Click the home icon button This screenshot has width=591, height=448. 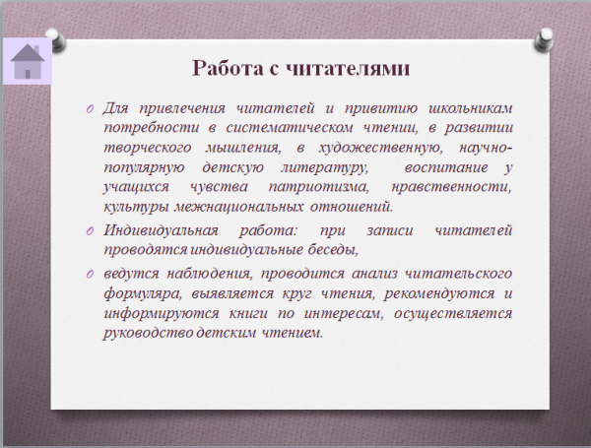pyautogui.click(x=28, y=61)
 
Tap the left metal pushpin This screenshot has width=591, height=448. pyautogui.click(x=56, y=40)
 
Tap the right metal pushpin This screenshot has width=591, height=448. pyautogui.click(x=544, y=40)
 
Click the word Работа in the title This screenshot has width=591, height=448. pyautogui.click(x=228, y=68)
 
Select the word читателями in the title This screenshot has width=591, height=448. pyautogui.click(x=347, y=69)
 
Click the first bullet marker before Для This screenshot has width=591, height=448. pyautogui.click(x=90, y=109)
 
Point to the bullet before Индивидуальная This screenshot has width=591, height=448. pyautogui.click(x=90, y=231)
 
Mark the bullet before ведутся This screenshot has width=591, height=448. pyautogui.click(x=90, y=274)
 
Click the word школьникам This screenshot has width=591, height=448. pyautogui.click(x=471, y=108)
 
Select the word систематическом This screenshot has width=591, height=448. pyautogui.click(x=290, y=128)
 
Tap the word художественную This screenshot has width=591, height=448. pyautogui.click(x=380, y=148)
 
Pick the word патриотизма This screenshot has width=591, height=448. pyautogui.click(x=318, y=187)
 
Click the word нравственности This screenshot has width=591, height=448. pyautogui.click(x=451, y=187)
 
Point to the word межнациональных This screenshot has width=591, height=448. pyautogui.click(x=238, y=207)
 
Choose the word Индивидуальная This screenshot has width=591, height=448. pyautogui.click(x=161, y=230)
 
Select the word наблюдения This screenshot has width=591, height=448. pyautogui.click(x=209, y=274)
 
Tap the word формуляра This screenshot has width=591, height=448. pyautogui.click(x=143, y=293)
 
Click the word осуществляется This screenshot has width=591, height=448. pyautogui.click(x=453, y=313)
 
